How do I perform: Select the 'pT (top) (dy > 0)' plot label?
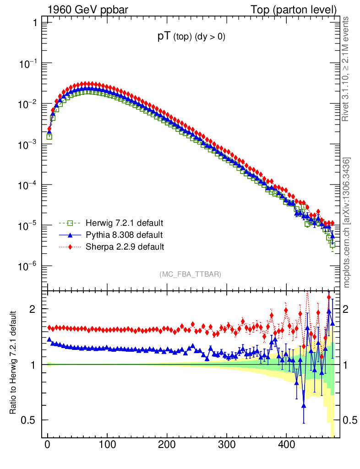coord(191,38)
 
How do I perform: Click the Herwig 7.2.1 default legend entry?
coord(124,224)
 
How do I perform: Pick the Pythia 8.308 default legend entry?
coord(124,235)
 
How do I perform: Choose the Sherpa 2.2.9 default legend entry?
coord(124,247)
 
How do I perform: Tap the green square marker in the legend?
coord(70,224)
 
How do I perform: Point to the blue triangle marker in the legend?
coord(70,235)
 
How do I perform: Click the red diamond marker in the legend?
coord(70,247)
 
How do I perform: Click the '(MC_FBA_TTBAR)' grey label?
coord(191,274)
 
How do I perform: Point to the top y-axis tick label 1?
coord(34,22)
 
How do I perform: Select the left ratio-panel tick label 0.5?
coord(28,420)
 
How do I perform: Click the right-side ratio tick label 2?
coord(350,309)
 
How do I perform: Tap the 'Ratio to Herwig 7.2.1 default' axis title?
coord(13,363)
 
